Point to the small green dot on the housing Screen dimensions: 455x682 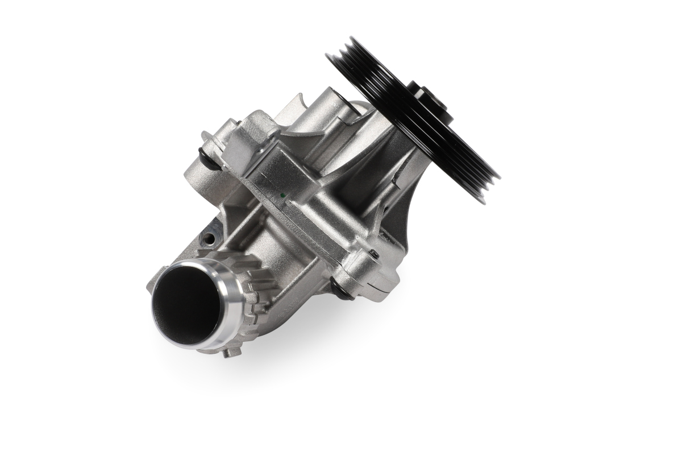coord(282,195)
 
